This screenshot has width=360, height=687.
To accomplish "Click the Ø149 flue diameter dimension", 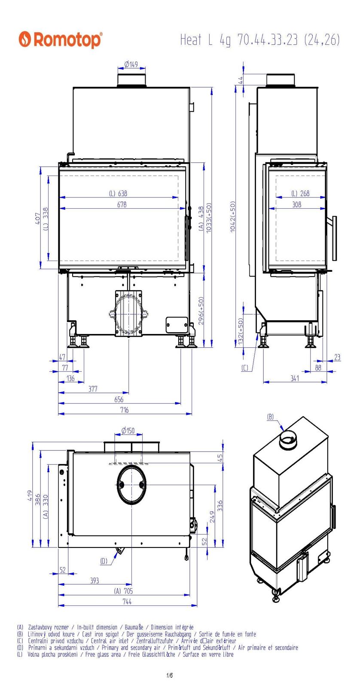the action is pyautogui.click(x=131, y=64).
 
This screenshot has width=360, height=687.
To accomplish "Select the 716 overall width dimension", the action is pyautogui.click(x=125, y=410).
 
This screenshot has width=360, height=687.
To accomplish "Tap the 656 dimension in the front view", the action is pyautogui.click(x=119, y=400).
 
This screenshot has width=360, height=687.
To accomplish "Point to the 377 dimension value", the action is pyautogui.click(x=93, y=389).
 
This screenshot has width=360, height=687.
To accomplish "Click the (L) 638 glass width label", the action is pyautogui.click(x=118, y=193).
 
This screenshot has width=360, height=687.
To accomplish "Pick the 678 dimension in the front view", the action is pyautogui.click(x=122, y=205).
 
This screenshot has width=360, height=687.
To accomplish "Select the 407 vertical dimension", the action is pyautogui.click(x=37, y=218).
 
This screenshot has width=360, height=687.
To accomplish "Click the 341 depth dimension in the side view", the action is pyautogui.click(x=295, y=378).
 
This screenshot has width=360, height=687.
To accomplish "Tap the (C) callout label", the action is pyautogui.click(x=245, y=368).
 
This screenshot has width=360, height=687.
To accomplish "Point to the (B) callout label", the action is pyautogui.click(x=270, y=416).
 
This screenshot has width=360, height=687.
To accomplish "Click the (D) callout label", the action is pyautogui.click(x=104, y=561).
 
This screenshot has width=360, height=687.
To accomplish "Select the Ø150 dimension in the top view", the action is pyautogui.click(x=128, y=431).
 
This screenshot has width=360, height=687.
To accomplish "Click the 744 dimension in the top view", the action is pyautogui.click(x=127, y=602).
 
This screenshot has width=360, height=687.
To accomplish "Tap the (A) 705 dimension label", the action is pyautogui.click(x=123, y=591).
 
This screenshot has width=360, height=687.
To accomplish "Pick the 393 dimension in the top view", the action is pyautogui.click(x=95, y=581).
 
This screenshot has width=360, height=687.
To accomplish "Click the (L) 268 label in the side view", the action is pyautogui.click(x=300, y=193).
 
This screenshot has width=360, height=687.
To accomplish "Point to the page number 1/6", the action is pyautogui.click(x=170, y=675).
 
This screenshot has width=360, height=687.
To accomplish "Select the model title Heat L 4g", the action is pyautogui.click(x=206, y=40).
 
